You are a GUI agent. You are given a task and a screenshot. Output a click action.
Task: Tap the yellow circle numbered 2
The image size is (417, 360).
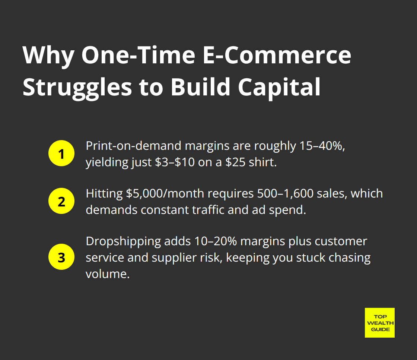click(x=61, y=202)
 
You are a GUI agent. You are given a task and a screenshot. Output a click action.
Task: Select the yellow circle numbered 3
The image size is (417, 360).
click(x=61, y=258)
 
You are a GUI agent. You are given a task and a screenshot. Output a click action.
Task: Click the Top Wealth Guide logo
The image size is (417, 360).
click(x=379, y=322)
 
